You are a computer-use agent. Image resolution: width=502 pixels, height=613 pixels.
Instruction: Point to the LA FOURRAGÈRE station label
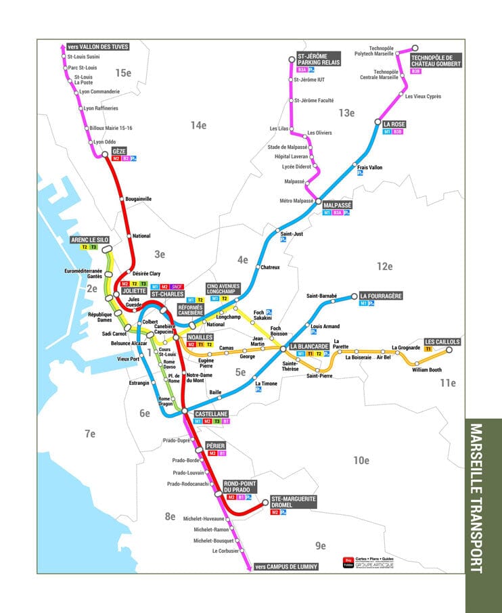[381, 296]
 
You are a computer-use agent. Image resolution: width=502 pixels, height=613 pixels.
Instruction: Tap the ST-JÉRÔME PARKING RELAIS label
[318, 59]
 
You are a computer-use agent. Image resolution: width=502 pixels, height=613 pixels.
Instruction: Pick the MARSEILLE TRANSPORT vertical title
[484, 498]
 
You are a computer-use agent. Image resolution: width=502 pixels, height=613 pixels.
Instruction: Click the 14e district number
[198, 125]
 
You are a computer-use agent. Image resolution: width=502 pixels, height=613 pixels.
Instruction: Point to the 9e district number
[320, 545]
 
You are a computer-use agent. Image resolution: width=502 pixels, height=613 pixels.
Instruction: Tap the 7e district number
[90, 434]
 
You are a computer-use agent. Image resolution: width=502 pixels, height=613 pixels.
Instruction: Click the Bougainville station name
[139, 199]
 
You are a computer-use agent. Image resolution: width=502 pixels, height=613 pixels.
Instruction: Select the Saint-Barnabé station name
[322, 296]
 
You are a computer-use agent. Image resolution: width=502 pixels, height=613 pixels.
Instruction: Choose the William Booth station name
[426, 370]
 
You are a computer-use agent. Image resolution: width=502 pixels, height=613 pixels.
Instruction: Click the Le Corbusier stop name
[225, 551]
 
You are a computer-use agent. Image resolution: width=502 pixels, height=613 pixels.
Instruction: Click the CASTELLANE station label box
[212, 413]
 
